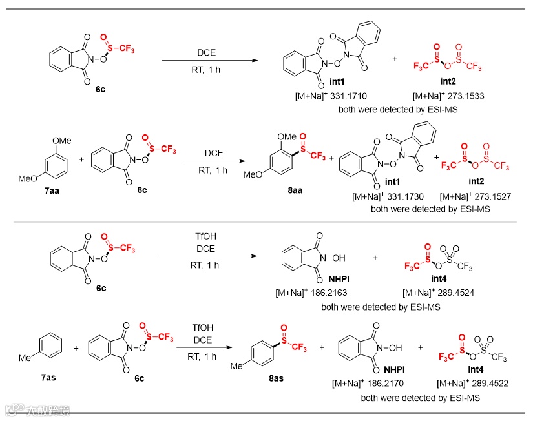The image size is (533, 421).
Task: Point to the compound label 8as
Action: pos(277,378)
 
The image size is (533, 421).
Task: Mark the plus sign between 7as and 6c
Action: pos(76,349)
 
